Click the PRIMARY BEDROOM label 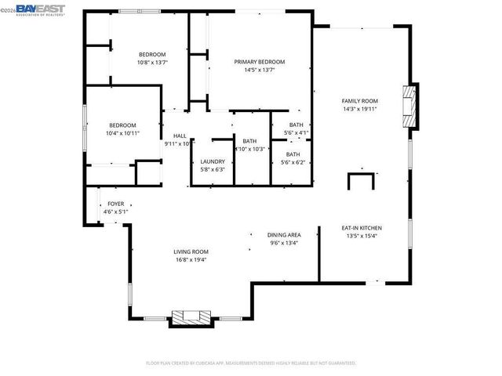pyautogui.click(x=259, y=62)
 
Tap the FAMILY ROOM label pyautogui.click(x=360, y=101)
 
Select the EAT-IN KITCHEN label pyautogui.click(x=360, y=226)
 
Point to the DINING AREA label pyautogui.click(x=284, y=235)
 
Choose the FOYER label pyautogui.click(x=115, y=204)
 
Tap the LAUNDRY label pyautogui.click(x=213, y=161)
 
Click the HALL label pyautogui.click(x=180, y=136)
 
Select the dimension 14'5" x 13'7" pyautogui.click(x=259, y=70)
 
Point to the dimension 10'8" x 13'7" pyautogui.click(x=152, y=63)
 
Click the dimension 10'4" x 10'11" pyautogui.click(x=123, y=133)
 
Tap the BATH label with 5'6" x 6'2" pyautogui.click(x=293, y=154)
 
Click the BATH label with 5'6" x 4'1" pyautogui.click(x=296, y=125)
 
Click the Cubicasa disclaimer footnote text pyautogui.click(x=250, y=363)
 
